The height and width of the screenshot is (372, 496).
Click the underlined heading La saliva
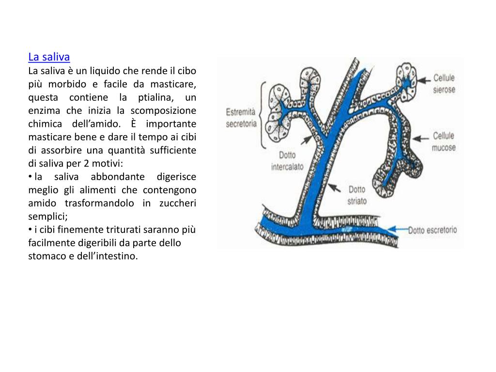click(49, 57)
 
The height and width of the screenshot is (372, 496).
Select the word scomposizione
click(163, 110)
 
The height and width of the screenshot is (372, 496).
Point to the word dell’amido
click(94, 124)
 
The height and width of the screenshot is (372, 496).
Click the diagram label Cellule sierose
click(444, 83)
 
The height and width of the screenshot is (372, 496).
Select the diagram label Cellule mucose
click(444, 141)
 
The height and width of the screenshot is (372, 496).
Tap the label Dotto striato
click(357, 195)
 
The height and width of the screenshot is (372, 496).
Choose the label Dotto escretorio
click(432, 231)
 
